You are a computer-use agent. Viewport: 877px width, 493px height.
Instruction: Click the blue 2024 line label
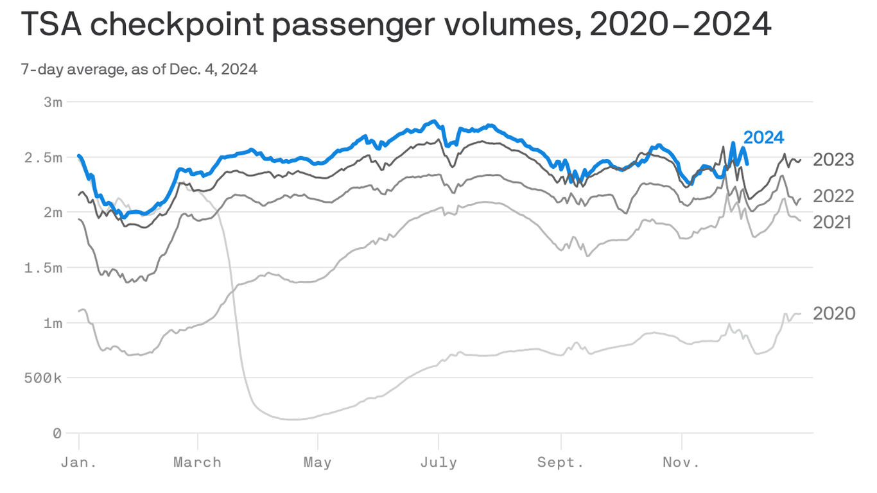click(763, 137)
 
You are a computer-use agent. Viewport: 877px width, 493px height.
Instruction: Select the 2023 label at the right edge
click(833, 160)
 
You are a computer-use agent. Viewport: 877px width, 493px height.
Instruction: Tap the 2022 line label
click(833, 196)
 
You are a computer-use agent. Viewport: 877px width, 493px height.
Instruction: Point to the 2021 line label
click(832, 222)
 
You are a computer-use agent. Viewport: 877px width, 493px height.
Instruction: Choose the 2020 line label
click(834, 313)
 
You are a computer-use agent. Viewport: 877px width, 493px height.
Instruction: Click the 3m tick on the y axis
click(53, 102)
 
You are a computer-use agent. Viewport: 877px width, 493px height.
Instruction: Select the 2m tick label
click(53, 212)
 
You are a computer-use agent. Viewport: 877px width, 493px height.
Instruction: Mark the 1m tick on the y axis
click(53, 323)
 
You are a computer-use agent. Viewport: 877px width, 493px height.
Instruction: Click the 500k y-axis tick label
click(44, 378)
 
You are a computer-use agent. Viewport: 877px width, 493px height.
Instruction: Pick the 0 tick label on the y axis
click(57, 434)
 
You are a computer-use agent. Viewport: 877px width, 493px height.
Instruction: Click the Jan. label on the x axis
click(78, 463)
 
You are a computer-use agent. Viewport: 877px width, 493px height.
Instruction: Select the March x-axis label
click(198, 463)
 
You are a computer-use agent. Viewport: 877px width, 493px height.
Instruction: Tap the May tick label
click(317, 463)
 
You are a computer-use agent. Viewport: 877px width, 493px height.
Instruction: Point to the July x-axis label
click(438, 463)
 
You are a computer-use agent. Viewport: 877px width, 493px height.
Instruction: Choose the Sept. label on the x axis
click(560, 463)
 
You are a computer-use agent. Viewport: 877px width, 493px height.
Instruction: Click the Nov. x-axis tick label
click(681, 463)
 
